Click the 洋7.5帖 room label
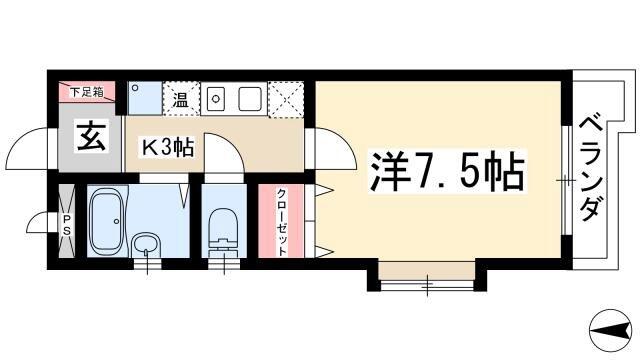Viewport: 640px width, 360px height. click(447, 171)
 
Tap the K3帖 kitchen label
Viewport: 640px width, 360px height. click(167, 147)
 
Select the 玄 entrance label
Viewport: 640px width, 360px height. click(91, 136)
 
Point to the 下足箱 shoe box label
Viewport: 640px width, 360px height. click(86, 92)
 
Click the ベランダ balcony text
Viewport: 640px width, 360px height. click(591, 168)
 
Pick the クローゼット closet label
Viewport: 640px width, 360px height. click(282, 222)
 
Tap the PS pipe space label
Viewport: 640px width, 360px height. click(66, 225)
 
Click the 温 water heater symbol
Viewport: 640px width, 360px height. click(181, 99)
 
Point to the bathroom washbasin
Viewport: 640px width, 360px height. click(147, 245)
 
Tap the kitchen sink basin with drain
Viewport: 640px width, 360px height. click(216, 98)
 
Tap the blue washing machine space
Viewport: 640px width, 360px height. click(145, 98)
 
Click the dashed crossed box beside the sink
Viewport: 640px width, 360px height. click(286, 99)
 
